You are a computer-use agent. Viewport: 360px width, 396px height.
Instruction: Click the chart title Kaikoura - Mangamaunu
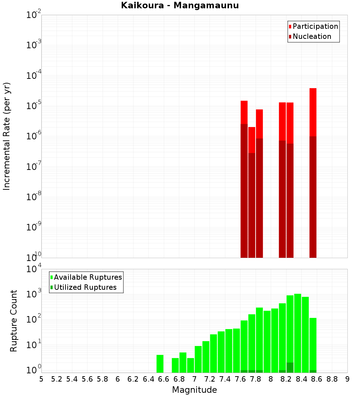click(x=180, y=5)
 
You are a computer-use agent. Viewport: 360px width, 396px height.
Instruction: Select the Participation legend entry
click(x=315, y=26)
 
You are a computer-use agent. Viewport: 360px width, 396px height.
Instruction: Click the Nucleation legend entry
click(x=311, y=36)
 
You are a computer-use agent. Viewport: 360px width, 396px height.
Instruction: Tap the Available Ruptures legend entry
click(x=87, y=277)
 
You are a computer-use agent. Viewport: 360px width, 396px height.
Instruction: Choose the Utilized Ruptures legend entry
click(x=85, y=287)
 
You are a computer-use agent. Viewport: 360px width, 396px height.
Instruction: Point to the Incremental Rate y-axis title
click(x=7, y=136)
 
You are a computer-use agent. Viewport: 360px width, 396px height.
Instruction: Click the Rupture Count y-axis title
click(x=14, y=321)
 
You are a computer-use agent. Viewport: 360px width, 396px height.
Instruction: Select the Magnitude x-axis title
click(x=194, y=390)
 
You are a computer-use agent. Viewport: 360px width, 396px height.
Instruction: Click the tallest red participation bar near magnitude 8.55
click(x=313, y=112)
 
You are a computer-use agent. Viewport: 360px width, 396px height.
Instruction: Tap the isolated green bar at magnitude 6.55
click(x=160, y=364)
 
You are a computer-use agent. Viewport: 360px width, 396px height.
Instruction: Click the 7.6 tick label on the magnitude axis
click(x=240, y=379)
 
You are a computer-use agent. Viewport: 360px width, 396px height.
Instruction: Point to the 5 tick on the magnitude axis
click(x=41, y=379)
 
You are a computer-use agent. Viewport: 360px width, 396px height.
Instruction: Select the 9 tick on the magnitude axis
click(x=347, y=379)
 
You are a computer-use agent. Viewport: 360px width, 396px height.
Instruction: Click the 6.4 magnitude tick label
click(x=148, y=379)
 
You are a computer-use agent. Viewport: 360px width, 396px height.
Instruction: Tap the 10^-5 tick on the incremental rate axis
click(x=33, y=106)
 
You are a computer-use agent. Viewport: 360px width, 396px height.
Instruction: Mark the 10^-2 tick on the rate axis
click(x=33, y=15)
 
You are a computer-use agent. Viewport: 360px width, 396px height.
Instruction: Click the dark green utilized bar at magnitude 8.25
click(x=290, y=368)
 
